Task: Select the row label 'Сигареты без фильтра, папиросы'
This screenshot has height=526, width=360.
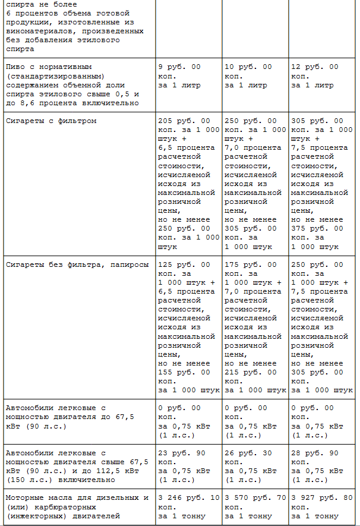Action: point(77,264)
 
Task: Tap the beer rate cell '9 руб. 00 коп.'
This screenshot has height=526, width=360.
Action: point(179,71)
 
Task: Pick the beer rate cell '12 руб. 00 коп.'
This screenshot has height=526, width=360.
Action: point(315,71)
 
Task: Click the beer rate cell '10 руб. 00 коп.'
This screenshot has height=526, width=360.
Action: point(248,71)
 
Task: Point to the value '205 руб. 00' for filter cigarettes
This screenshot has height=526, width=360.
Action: point(184,121)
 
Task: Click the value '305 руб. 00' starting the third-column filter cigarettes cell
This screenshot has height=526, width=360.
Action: point(317,121)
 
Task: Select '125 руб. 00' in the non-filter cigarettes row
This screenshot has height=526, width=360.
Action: point(184,264)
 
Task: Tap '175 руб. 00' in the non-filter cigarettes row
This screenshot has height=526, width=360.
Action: point(250,264)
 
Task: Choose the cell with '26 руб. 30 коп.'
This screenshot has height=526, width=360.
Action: point(248,458)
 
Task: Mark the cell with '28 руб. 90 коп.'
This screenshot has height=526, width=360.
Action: point(315,458)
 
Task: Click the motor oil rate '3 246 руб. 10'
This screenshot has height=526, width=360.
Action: point(188,498)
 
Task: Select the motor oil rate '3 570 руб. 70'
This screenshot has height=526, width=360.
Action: point(255,498)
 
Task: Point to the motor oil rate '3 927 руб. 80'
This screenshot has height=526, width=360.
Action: point(321,498)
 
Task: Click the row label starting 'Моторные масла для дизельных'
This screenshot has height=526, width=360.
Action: point(77,498)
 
